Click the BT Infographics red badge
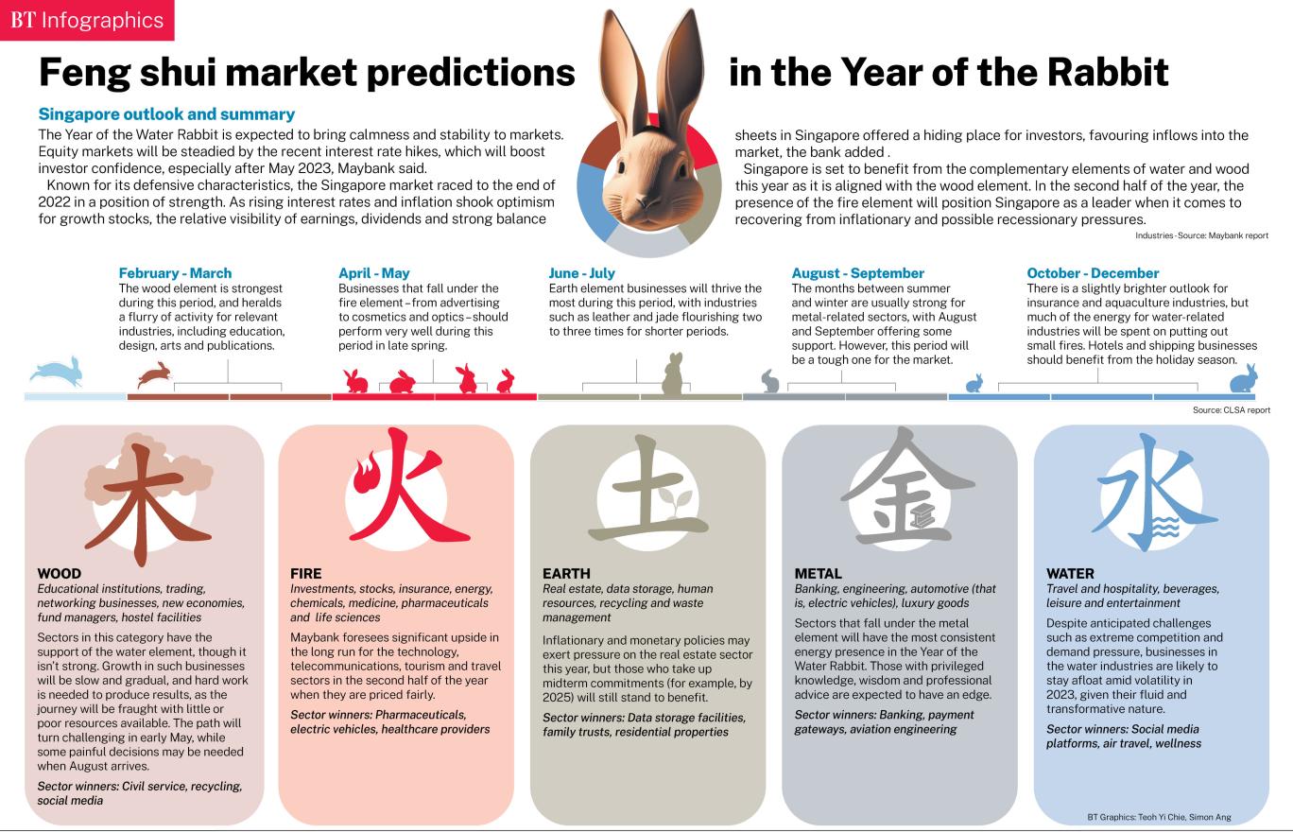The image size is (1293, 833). click(87, 20)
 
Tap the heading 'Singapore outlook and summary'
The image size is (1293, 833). click(166, 114)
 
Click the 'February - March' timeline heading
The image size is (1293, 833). click(175, 273)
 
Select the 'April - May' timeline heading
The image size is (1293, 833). click(374, 273)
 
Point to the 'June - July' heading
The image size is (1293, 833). click(582, 273)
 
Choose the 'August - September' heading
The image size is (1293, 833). click(858, 273)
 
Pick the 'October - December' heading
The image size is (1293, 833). click(1093, 273)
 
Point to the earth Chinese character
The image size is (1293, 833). click(647, 492)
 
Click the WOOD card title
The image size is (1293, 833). click(60, 573)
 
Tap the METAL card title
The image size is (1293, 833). click(819, 573)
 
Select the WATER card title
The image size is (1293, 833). click(1070, 573)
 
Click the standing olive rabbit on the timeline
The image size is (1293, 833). click(672, 374)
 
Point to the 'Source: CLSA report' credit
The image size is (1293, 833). click(1231, 410)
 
